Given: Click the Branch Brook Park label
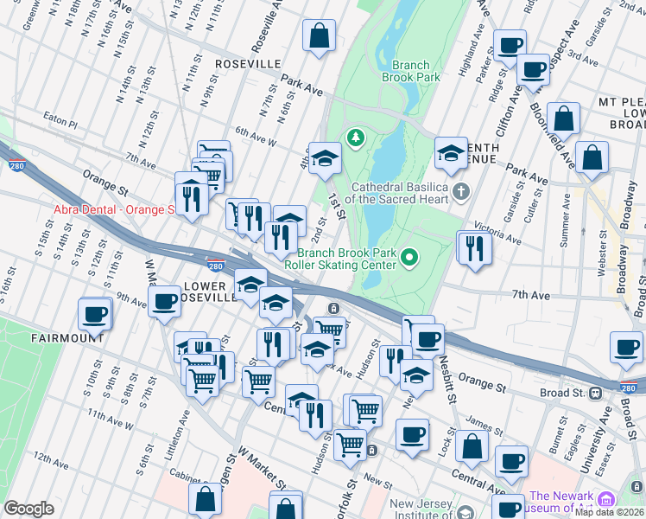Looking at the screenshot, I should click(416, 71).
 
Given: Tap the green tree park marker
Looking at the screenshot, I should click(354, 137).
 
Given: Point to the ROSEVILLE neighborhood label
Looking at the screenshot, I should click(248, 64).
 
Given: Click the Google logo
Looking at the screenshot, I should click(28, 508).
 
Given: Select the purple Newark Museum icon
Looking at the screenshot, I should click(605, 499).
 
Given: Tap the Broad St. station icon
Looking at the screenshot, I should click(596, 393).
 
